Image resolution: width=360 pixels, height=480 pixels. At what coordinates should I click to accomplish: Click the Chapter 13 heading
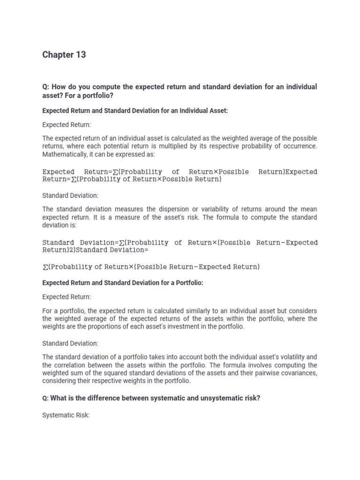(64, 55)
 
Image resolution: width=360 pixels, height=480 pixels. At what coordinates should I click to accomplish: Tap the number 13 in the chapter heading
(80, 55)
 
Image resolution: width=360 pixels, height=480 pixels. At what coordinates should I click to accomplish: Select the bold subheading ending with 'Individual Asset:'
(135, 111)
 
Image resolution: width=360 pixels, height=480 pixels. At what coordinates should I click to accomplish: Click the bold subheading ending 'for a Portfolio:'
(123, 283)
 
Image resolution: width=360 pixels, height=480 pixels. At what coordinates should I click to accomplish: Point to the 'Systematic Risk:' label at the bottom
(66, 415)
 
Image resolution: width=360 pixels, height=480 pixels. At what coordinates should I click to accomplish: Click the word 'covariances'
(298, 373)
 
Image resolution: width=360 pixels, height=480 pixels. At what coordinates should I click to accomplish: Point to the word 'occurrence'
(298, 146)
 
